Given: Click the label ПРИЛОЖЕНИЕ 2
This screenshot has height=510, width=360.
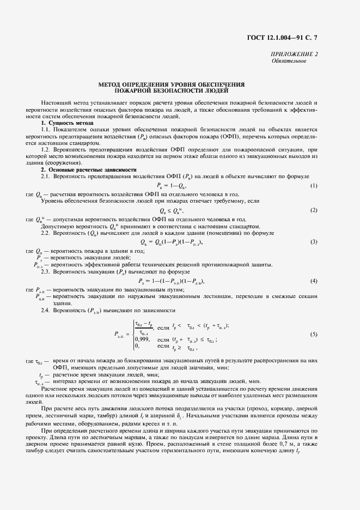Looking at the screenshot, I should [295, 54].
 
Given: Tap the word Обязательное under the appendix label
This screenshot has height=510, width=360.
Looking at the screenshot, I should [289, 60].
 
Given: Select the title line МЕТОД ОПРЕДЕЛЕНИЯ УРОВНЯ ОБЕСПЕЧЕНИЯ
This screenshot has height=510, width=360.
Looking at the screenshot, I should [171, 84].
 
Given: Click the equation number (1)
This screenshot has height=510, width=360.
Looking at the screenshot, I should [314, 186].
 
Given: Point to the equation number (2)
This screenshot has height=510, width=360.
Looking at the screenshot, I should [314, 210].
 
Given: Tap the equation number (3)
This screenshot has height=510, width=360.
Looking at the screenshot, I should [314, 241].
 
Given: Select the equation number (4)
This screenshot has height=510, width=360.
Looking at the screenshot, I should [314, 281].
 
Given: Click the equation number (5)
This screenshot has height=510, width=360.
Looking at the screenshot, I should [314, 334].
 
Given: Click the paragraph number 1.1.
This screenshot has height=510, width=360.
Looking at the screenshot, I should [46, 130].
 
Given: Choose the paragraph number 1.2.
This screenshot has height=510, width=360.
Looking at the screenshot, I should [46, 148].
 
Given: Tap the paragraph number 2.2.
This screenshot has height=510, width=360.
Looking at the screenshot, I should [46, 233].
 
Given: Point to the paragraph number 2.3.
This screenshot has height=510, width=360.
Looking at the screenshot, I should [46, 271].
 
